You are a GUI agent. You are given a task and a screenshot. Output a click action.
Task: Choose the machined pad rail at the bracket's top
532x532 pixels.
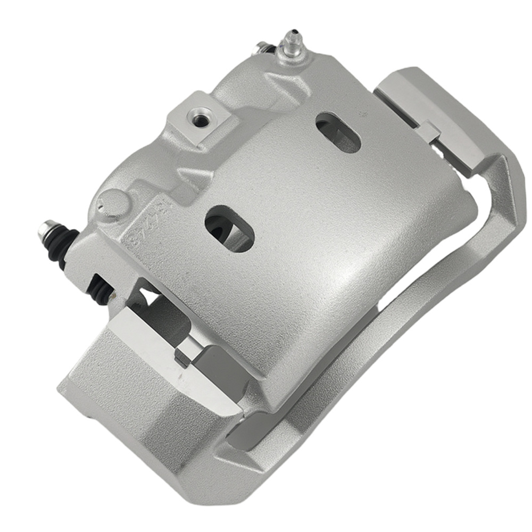point(426,101)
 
